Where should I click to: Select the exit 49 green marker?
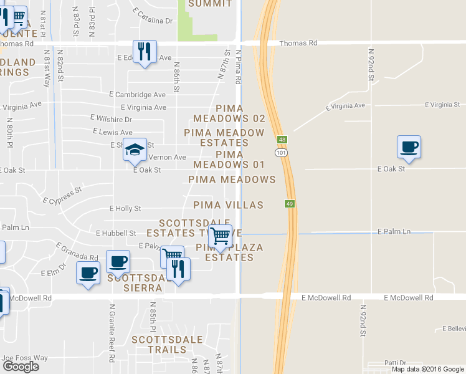290,203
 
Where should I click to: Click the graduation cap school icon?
135,150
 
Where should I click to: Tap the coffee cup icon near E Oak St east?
409,147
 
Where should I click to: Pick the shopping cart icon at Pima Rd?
220,236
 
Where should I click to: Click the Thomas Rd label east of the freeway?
298,44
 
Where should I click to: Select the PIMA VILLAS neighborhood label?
228,205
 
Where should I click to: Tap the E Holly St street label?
125,209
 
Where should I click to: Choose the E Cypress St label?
62,196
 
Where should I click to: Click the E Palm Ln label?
394,232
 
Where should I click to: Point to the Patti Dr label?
395,362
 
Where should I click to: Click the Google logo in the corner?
21,366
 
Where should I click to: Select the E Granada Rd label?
77,252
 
